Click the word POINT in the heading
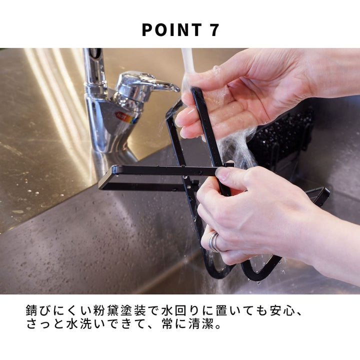pos(171,30)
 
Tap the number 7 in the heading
pos(214,30)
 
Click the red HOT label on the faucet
pos(121,115)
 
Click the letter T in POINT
pos(195,30)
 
